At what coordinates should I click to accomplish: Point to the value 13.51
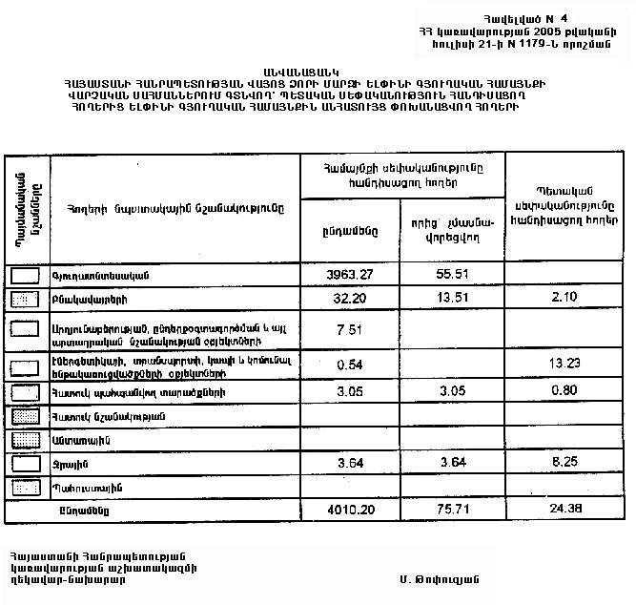tap(451, 299)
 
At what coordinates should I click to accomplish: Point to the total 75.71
tap(451, 511)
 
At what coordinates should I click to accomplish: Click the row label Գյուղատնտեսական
tap(93, 276)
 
